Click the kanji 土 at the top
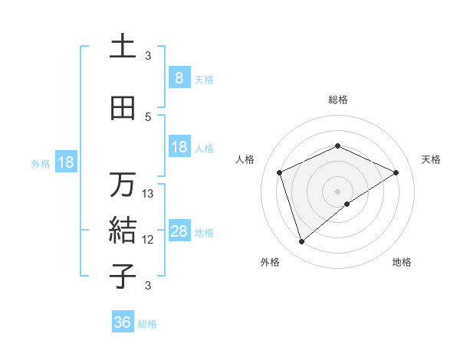pyautogui.click(x=123, y=47)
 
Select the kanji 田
pyautogui.click(x=123, y=108)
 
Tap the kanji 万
pyautogui.click(x=123, y=185)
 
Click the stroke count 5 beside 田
pyautogui.click(x=148, y=116)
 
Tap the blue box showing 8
pyautogui.click(x=179, y=78)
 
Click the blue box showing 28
pyautogui.click(x=179, y=231)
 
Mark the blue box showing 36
pyautogui.click(x=122, y=322)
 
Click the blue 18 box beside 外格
pyautogui.click(x=65, y=162)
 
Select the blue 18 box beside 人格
pyautogui.click(x=179, y=147)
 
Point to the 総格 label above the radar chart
pyautogui.click(x=337, y=100)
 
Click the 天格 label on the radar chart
pyautogui.click(x=431, y=159)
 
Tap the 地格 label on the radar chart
pyautogui.click(x=402, y=262)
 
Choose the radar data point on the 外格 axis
pyautogui.click(x=301, y=242)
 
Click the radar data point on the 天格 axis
pyautogui.click(x=396, y=172)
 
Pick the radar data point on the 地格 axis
pyautogui.click(x=347, y=204)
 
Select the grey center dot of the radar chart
pyautogui.click(x=337, y=191)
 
